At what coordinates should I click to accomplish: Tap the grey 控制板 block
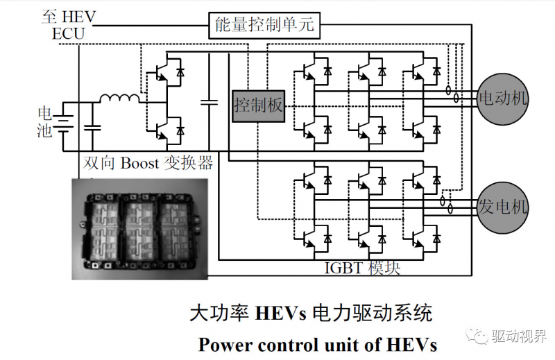pos(258,105)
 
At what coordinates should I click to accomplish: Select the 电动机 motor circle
pos(503,98)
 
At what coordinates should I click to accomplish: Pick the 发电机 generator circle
pos(503,207)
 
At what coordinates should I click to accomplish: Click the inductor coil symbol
pos(119,99)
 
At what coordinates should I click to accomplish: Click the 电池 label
pos(44,121)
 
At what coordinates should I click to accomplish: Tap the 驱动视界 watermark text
pos(516,335)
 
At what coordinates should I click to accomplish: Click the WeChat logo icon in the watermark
pos(479,335)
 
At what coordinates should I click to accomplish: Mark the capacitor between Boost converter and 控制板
pos(208,103)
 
